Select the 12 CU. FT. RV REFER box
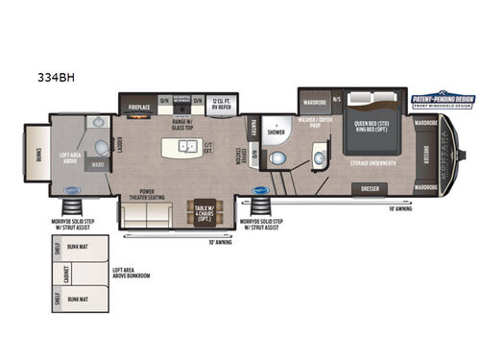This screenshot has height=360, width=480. [223, 102]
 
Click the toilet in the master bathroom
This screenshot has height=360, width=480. [276, 158]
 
